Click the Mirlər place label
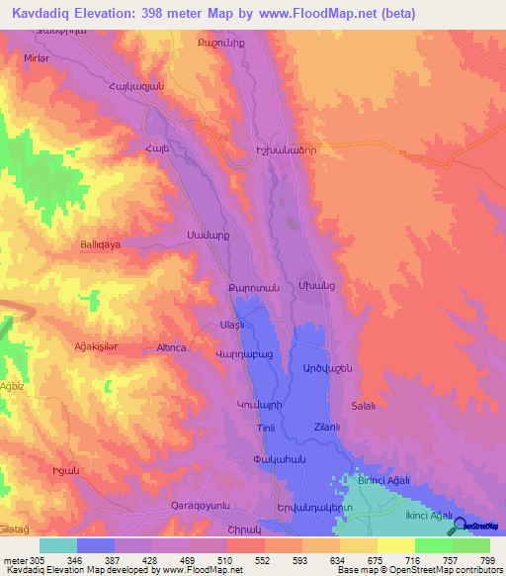[x=36, y=58]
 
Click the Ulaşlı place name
[x=231, y=325]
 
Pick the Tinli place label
[x=266, y=428]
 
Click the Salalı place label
[x=365, y=406]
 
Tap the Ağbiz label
[x=12, y=386]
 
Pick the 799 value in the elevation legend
[x=488, y=560]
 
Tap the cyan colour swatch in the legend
[x=58, y=545]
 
